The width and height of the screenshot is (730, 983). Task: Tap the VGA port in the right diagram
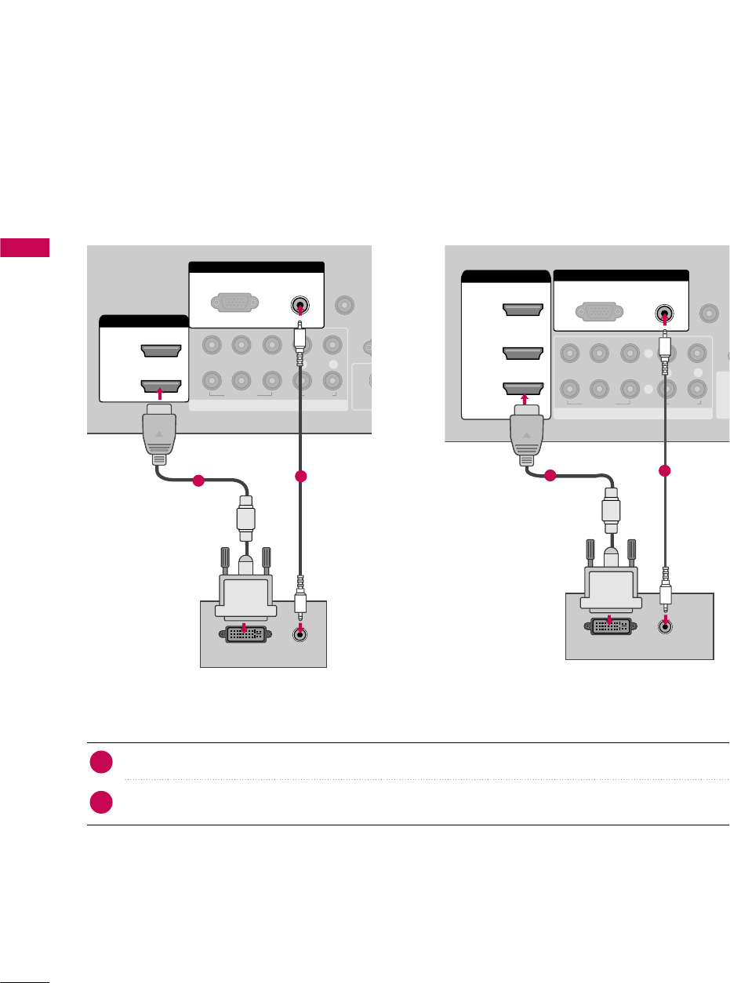(600, 312)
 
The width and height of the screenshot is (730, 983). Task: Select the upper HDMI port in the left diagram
(160, 351)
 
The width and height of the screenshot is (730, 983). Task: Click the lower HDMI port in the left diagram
(160, 386)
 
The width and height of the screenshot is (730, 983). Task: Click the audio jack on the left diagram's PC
(299, 636)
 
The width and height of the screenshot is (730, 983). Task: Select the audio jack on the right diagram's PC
(666, 626)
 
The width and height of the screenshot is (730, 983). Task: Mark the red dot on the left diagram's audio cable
(299, 477)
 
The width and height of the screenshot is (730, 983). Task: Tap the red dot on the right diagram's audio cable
(665, 471)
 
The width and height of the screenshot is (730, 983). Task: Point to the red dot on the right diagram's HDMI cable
(550, 475)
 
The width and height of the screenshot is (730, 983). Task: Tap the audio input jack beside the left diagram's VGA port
(300, 303)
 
